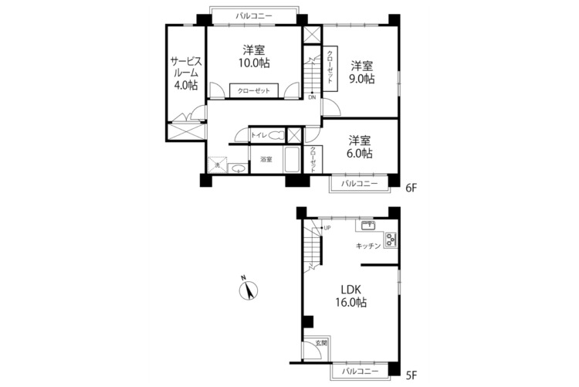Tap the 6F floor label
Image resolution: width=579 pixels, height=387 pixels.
click(x=411, y=188)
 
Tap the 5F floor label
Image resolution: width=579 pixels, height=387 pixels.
click(x=411, y=375)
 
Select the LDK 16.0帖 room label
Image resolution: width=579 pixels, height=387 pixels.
click(x=350, y=296)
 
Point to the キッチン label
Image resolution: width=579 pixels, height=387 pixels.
click(x=368, y=246)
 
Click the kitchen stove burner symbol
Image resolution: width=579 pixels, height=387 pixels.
click(x=391, y=239)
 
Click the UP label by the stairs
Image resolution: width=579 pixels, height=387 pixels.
click(x=327, y=228)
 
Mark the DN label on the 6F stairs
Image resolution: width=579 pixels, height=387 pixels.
click(x=312, y=97)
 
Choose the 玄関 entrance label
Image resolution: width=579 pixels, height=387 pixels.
click(x=321, y=343)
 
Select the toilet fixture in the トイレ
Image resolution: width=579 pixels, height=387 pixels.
click(x=276, y=135)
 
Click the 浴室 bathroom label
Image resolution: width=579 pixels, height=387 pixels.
click(x=266, y=160)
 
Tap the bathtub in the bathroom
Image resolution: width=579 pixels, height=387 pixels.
click(x=292, y=159)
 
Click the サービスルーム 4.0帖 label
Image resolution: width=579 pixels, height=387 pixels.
click(x=186, y=73)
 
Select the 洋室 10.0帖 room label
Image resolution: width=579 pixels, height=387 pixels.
click(x=254, y=56)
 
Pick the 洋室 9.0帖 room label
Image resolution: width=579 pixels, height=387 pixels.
click(x=362, y=73)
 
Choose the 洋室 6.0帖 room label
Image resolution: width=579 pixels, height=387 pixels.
click(x=360, y=147)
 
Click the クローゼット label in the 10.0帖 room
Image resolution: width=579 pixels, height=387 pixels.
click(x=254, y=91)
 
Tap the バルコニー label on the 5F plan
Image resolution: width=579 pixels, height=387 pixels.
click(x=360, y=371)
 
